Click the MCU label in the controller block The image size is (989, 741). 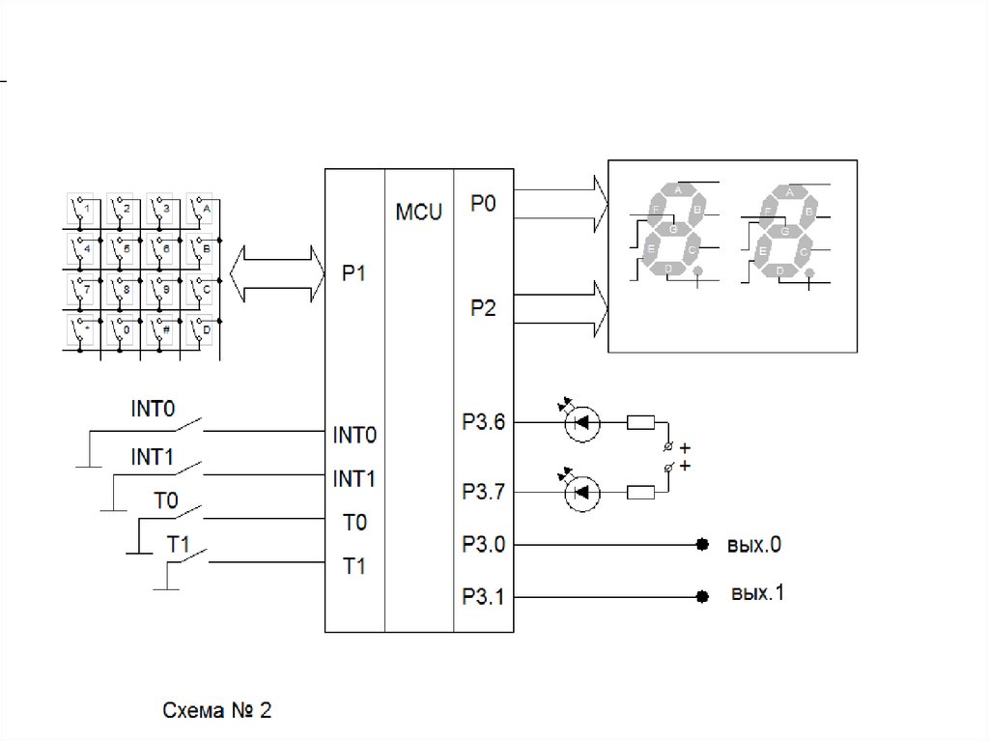[x=418, y=212]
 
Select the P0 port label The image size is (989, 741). [x=483, y=204]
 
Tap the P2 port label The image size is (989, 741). [x=483, y=309]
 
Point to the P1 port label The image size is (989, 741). [x=353, y=273]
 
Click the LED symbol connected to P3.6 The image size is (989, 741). [x=581, y=422]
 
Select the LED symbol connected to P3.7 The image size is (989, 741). [x=581, y=493]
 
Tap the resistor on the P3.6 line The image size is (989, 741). [x=641, y=422]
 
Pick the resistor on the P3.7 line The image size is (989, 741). [x=641, y=493]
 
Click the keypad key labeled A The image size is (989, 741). [x=201, y=209]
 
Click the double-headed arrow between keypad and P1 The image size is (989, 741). [x=276, y=273]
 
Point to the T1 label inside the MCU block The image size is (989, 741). [x=354, y=567]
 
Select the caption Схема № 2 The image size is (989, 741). [x=216, y=712]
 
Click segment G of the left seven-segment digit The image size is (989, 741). [x=673, y=230]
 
